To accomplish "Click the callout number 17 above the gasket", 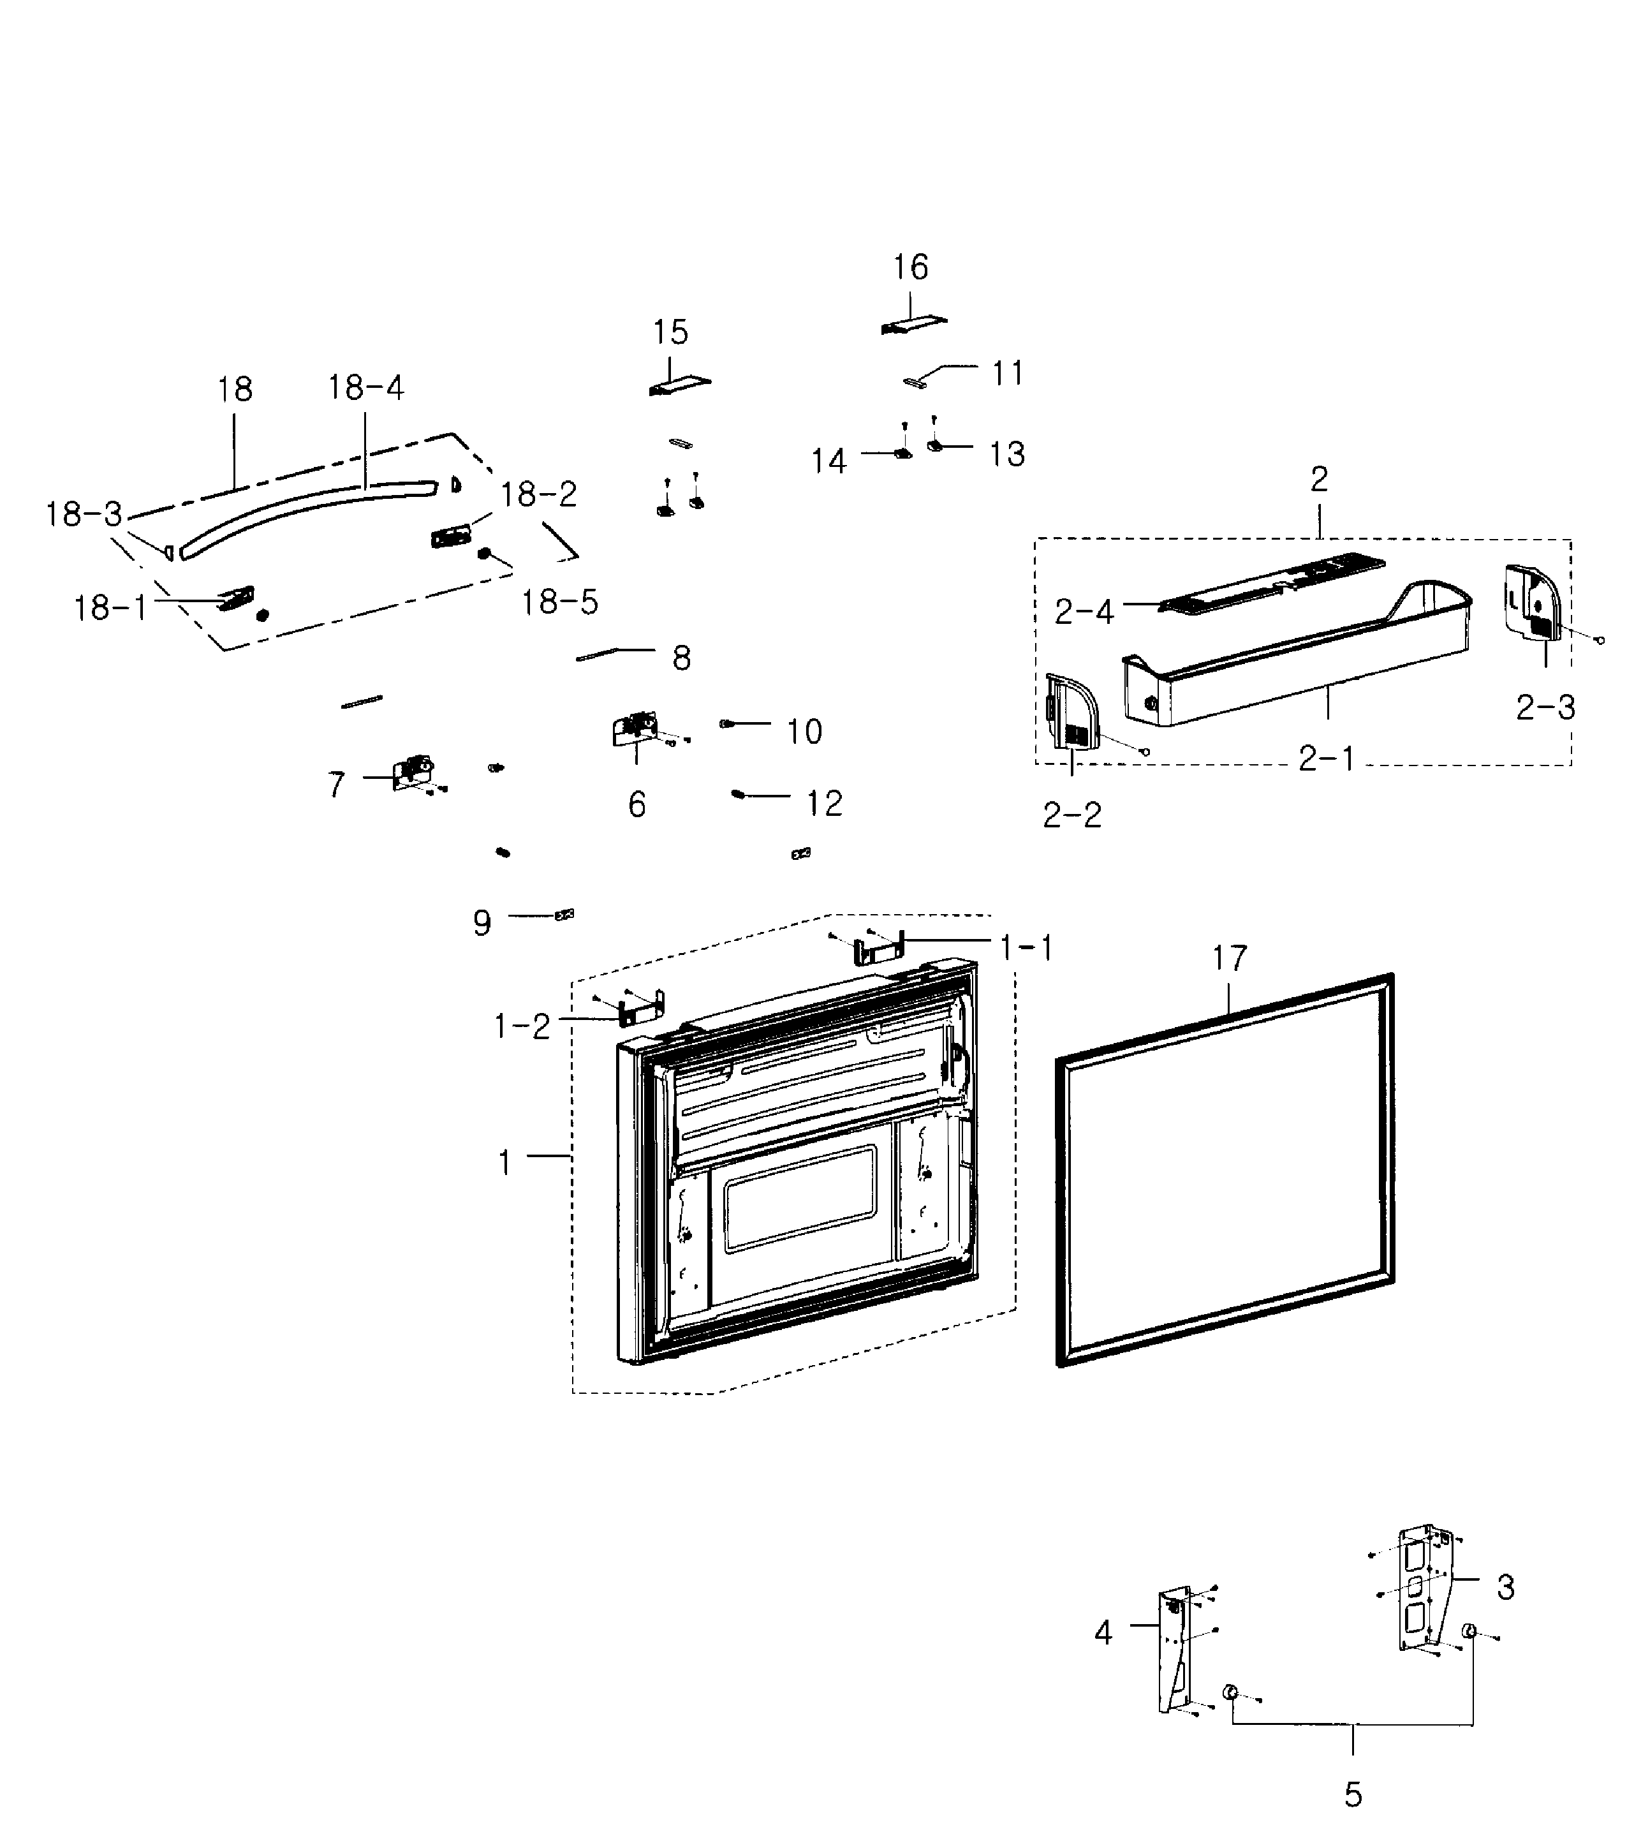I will (1229, 958).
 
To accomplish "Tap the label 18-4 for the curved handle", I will (365, 388).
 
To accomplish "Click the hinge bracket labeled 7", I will (413, 773).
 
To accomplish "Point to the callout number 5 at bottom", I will (1352, 1795).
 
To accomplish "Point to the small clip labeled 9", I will (564, 915).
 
